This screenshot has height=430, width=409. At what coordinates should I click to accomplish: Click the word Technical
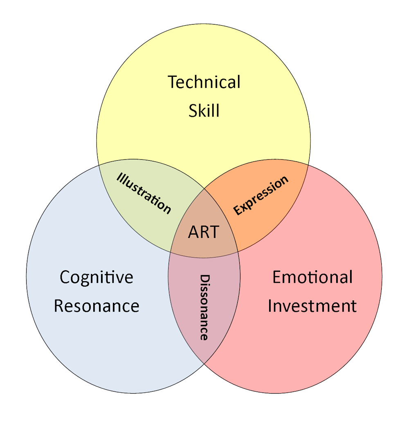(204, 82)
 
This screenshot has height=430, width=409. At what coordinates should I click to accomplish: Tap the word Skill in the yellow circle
(204, 110)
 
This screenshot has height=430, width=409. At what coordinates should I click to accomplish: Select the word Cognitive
(97, 277)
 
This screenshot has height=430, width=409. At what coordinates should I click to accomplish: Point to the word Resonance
(97, 306)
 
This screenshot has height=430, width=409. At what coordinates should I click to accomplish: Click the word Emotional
(312, 277)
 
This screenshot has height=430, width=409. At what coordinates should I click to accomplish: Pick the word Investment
(312, 306)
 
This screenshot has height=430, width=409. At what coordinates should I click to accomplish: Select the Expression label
(261, 195)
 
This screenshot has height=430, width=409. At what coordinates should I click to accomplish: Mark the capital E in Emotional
(277, 277)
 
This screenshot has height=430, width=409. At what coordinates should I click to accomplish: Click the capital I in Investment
(270, 306)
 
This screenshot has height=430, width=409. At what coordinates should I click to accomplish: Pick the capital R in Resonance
(59, 306)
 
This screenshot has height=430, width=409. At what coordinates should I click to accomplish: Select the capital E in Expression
(237, 211)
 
